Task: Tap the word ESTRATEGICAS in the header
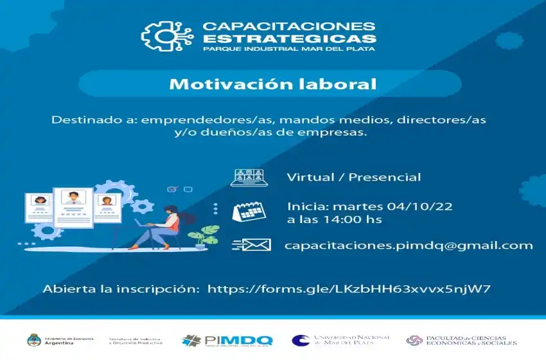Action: tap(289, 38)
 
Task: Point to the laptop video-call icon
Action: tap(247, 177)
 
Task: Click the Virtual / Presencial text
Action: tap(354, 177)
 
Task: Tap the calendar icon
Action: tap(247, 212)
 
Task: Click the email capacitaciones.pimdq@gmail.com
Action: tap(408, 245)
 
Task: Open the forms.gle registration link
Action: tap(350, 289)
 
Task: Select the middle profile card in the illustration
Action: tap(73, 206)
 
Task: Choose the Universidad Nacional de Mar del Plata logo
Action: tap(340, 340)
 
